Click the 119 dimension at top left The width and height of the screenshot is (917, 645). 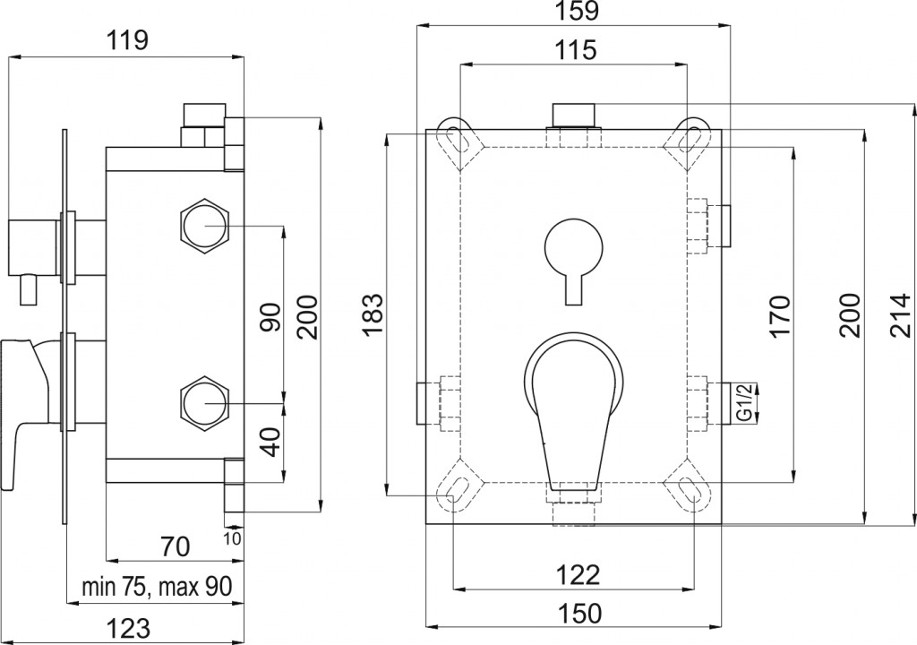pyautogui.click(x=127, y=41)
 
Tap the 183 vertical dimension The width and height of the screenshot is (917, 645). pyautogui.click(x=373, y=315)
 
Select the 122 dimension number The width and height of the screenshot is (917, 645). pyautogui.click(x=578, y=575)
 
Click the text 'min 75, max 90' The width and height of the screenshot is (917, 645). pyautogui.click(x=157, y=586)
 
